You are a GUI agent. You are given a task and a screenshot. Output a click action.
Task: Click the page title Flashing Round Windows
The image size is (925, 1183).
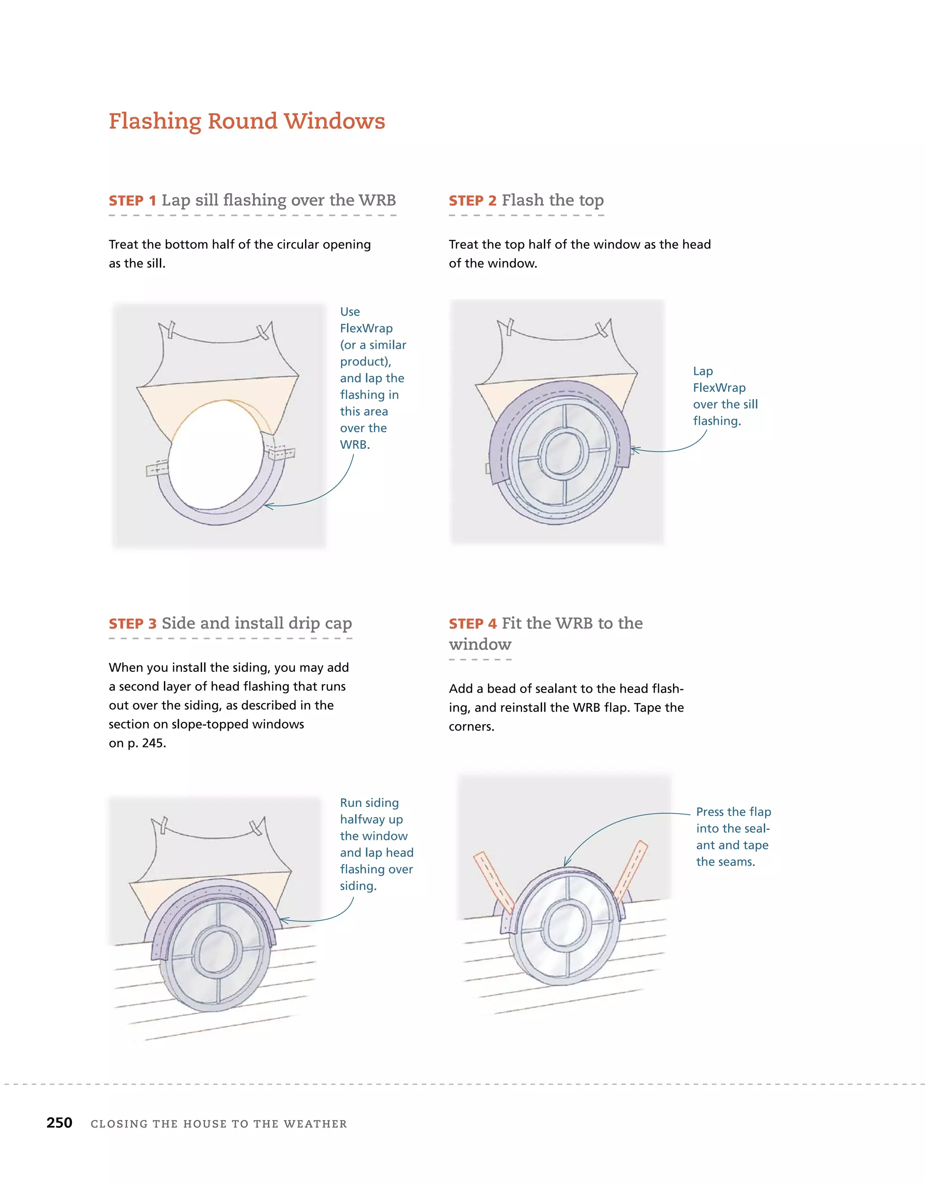(x=247, y=121)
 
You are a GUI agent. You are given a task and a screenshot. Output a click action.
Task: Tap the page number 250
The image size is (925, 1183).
(x=59, y=1122)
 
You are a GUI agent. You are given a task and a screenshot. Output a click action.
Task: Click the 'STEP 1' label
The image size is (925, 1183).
(x=132, y=201)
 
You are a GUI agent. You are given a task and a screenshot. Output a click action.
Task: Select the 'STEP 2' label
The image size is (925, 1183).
(x=472, y=201)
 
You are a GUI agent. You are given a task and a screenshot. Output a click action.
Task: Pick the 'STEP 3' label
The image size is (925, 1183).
(x=132, y=624)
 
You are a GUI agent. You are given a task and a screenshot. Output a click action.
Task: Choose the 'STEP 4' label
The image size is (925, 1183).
(x=472, y=624)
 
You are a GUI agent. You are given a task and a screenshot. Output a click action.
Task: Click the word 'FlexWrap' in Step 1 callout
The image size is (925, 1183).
(x=366, y=328)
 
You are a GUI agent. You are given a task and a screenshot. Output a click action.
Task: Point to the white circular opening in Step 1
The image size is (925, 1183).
(x=217, y=455)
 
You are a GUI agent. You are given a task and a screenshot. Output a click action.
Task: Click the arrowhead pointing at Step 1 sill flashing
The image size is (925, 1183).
(x=266, y=506)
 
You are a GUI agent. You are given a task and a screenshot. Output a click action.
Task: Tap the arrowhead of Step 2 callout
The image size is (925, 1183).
(x=634, y=450)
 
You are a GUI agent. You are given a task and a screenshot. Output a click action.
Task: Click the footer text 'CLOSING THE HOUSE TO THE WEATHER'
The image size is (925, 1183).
(x=219, y=1123)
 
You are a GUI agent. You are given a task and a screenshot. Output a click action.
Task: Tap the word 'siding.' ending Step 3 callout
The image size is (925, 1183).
(x=358, y=886)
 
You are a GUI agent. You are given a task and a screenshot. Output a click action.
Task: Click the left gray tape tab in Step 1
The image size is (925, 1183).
(x=157, y=469)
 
